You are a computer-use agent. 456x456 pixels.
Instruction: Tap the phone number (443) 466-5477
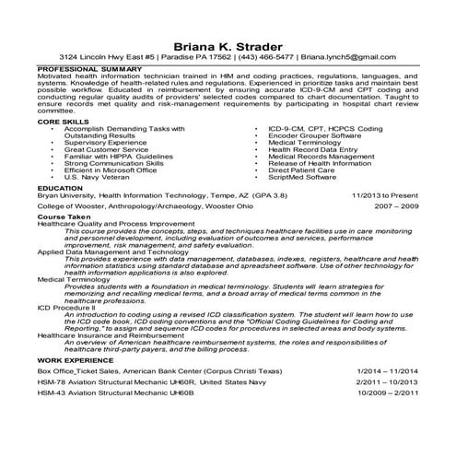click(x=248, y=62)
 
